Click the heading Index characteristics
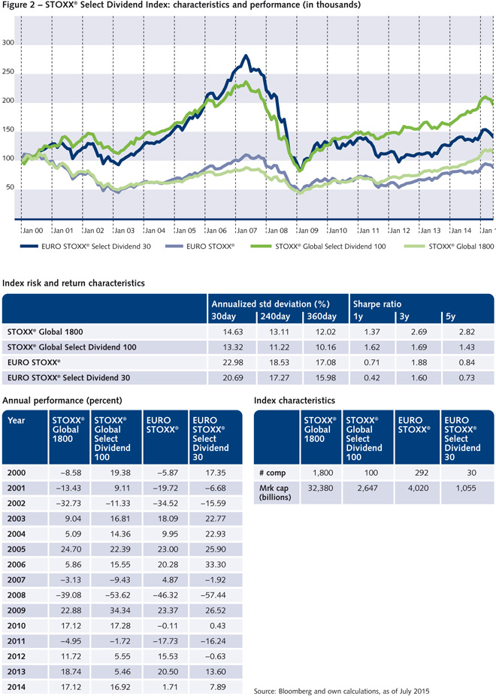click(x=295, y=401)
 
